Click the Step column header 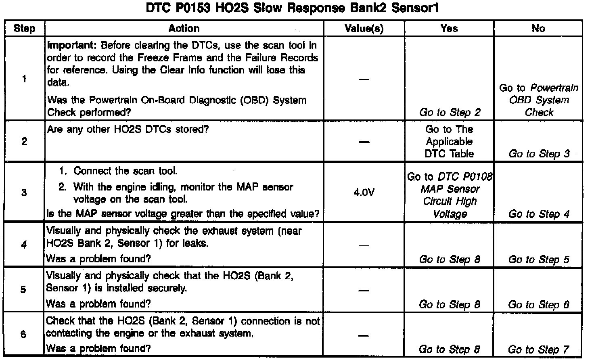click(x=24, y=29)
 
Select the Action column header click(x=184, y=29)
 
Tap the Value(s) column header click(x=364, y=29)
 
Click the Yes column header click(x=449, y=29)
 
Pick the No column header click(x=538, y=29)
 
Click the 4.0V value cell click(x=364, y=193)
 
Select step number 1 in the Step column click(x=24, y=79)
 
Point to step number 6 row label click(x=23, y=335)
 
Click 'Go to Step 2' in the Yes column click(x=450, y=113)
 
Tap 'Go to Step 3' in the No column click(x=539, y=154)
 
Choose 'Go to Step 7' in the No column click(x=538, y=349)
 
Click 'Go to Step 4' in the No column click(x=539, y=214)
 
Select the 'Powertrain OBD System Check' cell click(x=539, y=100)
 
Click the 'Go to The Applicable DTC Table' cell click(x=449, y=142)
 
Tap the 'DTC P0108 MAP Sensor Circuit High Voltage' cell click(x=450, y=195)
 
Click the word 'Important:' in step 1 click(x=72, y=46)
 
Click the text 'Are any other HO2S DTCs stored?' click(x=128, y=130)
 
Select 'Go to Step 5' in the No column click(x=539, y=260)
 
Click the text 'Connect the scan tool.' click(x=125, y=171)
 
